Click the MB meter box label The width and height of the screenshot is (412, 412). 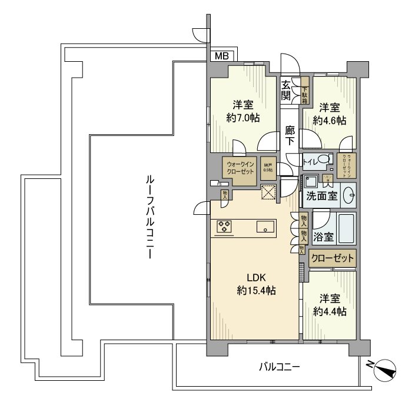221,57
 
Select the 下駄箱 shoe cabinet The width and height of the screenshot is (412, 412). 305,91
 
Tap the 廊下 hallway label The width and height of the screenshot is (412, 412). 290,137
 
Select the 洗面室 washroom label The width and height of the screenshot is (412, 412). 321,196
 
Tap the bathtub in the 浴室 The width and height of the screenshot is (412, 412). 345,228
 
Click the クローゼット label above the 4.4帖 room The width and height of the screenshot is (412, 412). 333,258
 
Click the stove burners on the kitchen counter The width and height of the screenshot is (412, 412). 225,227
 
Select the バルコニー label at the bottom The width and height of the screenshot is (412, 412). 280,367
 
